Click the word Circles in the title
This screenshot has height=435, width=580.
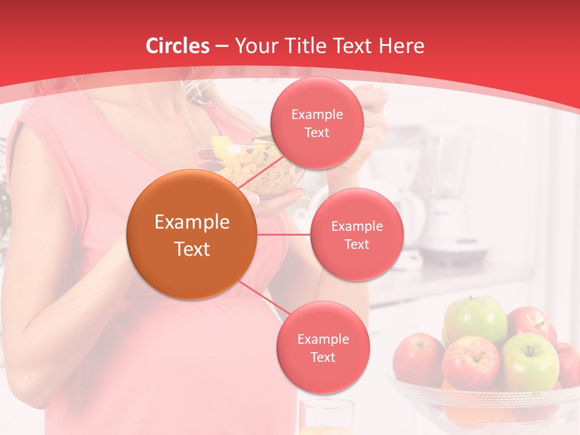178,46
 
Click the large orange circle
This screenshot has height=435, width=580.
192,234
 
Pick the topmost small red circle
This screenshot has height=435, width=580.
317,123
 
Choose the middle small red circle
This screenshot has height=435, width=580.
356,234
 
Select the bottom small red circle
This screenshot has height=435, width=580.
323,347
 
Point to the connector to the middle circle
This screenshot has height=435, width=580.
283,234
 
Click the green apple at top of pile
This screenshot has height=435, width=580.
476,318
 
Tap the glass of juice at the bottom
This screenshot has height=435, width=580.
326,417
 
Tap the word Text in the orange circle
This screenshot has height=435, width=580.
192,249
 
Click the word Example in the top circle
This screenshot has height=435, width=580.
317,114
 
